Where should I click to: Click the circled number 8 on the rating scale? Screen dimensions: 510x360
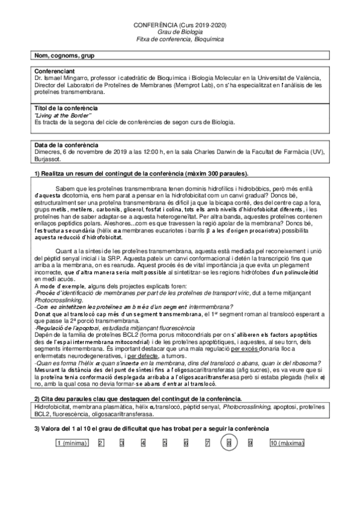(229, 443)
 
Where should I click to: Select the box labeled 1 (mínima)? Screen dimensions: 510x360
(72, 443)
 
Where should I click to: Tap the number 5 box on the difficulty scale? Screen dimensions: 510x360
(165, 443)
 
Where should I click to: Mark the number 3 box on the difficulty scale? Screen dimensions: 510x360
(121, 443)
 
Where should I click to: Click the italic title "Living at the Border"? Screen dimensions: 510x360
(63, 114)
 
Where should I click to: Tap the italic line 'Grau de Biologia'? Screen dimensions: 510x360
(180, 32)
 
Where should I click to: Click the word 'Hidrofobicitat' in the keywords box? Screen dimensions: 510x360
(52, 408)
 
